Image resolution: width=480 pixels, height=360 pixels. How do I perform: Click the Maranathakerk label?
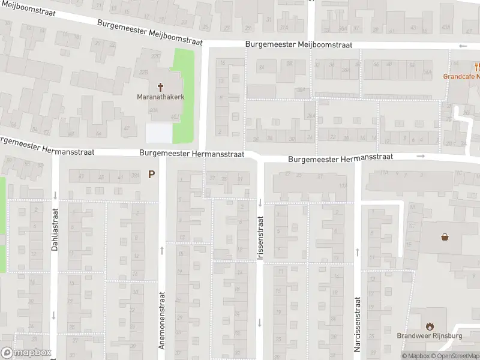point(160,97)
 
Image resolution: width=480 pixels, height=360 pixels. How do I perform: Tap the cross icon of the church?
point(160,86)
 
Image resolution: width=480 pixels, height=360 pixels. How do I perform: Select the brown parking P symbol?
point(152,175)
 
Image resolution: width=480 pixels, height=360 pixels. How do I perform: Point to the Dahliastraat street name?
point(55,229)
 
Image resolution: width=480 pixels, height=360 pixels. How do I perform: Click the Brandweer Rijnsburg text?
point(430,336)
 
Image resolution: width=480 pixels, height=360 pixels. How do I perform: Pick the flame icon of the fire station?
point(430,326)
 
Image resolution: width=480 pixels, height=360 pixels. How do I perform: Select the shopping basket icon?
point(445,236)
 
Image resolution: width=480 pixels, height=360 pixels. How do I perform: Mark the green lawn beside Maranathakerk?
point(184,96)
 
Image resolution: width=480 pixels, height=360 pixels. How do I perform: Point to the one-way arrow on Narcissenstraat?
point(357,252)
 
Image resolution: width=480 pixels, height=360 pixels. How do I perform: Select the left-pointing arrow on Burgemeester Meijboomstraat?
point(462,46)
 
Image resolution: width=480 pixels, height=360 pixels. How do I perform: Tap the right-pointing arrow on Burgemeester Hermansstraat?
point(421,157)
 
